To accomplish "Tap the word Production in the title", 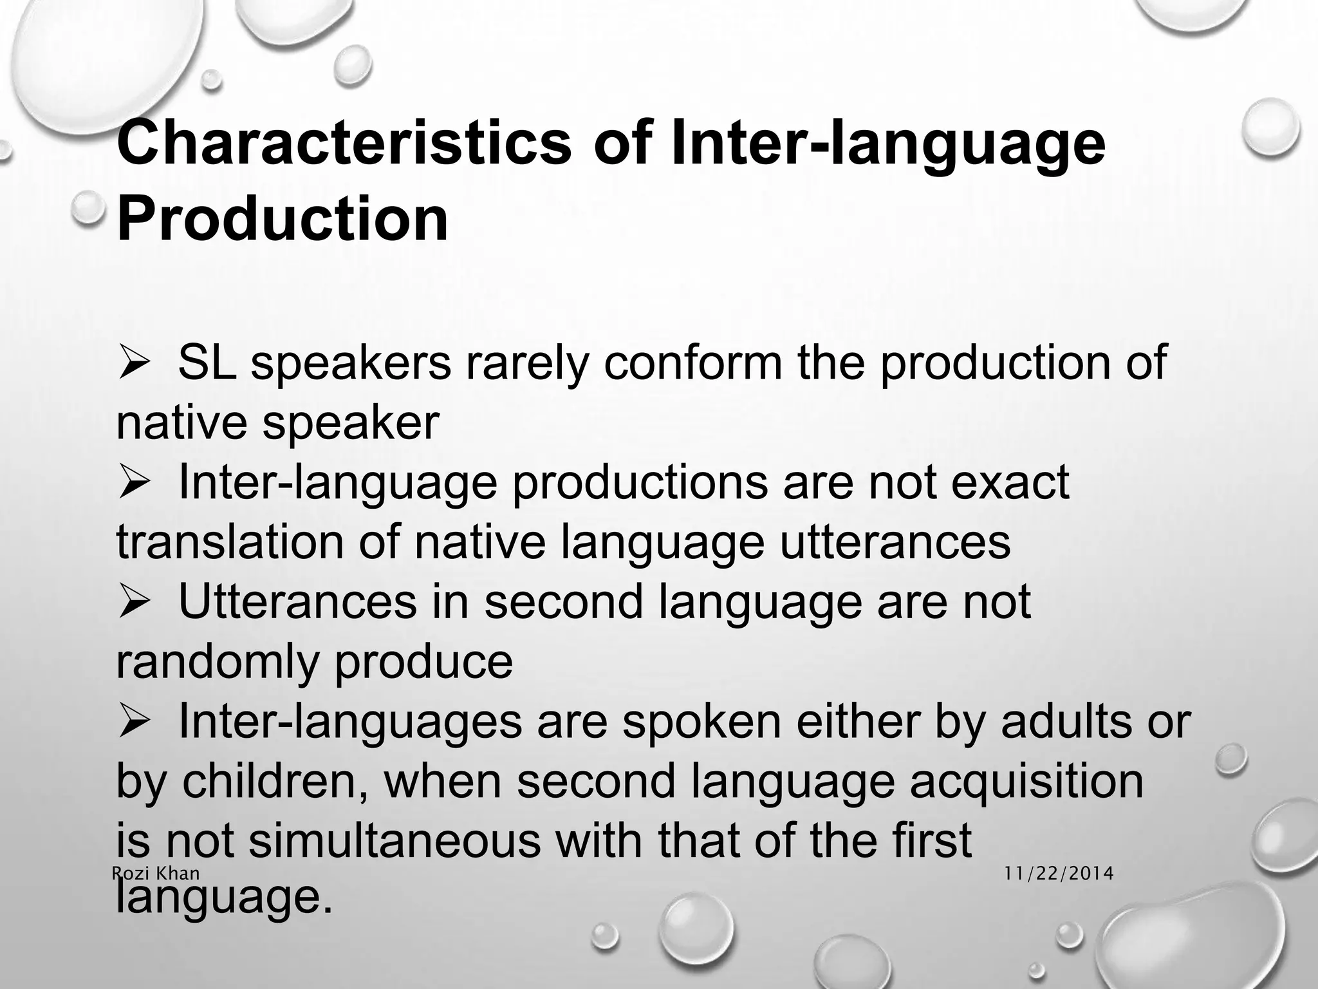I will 282,218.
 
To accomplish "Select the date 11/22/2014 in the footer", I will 1059,873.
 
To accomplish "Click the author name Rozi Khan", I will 156,873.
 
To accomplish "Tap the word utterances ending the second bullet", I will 895,542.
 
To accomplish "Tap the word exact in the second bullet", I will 1009,482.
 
